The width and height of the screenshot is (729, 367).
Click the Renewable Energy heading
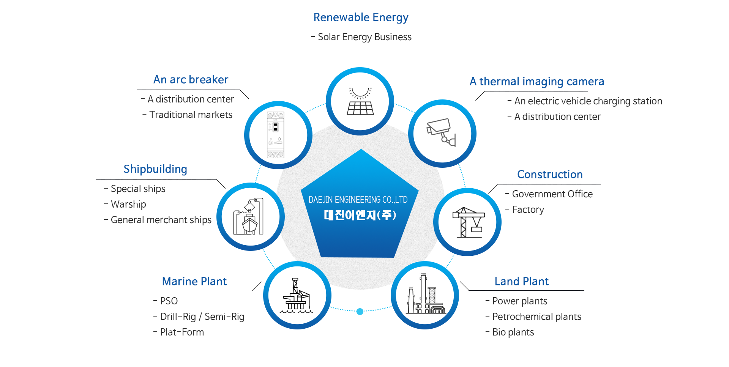361,17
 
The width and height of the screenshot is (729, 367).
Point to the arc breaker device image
276,135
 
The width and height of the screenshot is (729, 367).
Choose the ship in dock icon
249,217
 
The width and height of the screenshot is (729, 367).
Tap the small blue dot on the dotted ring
360,312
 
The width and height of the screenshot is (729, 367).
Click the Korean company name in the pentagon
360,215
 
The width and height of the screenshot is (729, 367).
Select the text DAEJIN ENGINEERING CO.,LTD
358,200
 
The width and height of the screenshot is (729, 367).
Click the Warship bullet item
128,204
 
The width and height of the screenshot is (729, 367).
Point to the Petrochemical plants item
536,317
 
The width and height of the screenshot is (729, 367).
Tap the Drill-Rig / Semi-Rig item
202,317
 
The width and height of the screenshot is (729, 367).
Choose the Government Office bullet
552,194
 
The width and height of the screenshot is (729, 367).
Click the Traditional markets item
191,115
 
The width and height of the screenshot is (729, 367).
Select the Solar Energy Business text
364,37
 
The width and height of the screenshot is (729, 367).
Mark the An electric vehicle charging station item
588,101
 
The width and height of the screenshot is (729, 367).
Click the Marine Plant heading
194,281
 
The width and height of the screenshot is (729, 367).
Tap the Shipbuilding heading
155,169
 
